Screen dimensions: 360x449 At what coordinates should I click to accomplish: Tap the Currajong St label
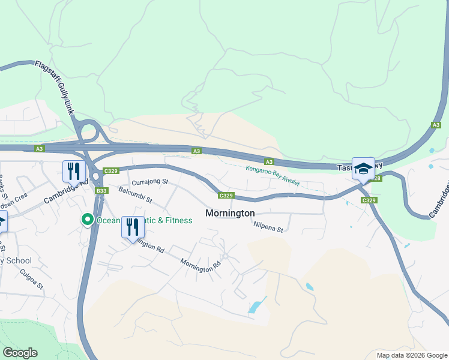pyautogui.click(x=150, y=181)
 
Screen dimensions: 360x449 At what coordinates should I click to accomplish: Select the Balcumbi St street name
pyautogui.click(x=136, y=194)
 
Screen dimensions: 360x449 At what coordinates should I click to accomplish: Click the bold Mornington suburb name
pyautogui.click(x=230, y=213)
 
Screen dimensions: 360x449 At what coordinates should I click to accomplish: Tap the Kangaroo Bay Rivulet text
pyautogui.click(x=273, y=176)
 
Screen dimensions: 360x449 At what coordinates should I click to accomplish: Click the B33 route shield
pyautogui.click(x=101, y=191)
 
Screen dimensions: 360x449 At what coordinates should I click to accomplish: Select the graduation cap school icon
pyautogui.click(x=363, y=169)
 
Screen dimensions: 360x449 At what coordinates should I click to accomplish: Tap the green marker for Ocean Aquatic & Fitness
pyautogui.click(x=87, y=220)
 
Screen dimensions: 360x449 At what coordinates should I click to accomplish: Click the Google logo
pyautogui.click(x=20, y=353)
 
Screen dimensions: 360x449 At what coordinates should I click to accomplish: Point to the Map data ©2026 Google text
pyautogui.click(x=411, y=355)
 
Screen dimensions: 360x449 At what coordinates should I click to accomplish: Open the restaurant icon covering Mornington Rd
pyautogui.click(x=133, y=227)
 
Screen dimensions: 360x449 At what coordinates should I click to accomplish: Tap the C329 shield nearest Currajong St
pyautogui.click(x=110, y=171)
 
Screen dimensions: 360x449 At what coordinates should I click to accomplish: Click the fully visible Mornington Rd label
pyautogui.click(x=197, y=266)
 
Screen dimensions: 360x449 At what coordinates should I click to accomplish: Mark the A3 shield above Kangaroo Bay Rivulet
pyautogui.click(x=269, y=161)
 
